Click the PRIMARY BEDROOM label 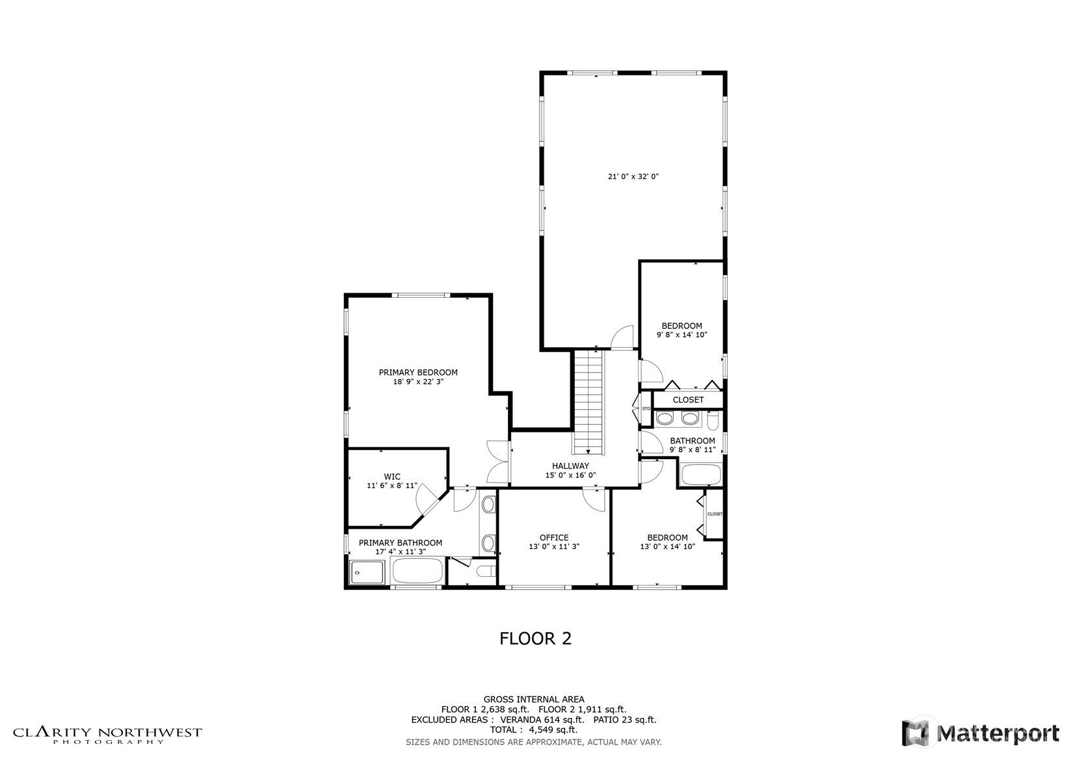coord(418,373)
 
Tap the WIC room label coord(392,476)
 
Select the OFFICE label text coord(554,537)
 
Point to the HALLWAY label coord(570,466)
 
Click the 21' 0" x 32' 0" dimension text coord(633,176)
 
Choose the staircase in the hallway coord(588,402)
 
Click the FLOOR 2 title coord(536,639)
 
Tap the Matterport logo coord(981,733)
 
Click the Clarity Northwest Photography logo coord(107,736)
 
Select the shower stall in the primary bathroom coord(367,572)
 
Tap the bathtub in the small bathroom coord(701,474)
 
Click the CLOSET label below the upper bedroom coord(688,400)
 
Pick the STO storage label coord(646,409)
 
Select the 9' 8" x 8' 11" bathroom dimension coord(693,450)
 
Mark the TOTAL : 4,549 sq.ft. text coord(534,730)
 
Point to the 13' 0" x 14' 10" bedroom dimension coord(667,546)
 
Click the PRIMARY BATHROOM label coord(400,543)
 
